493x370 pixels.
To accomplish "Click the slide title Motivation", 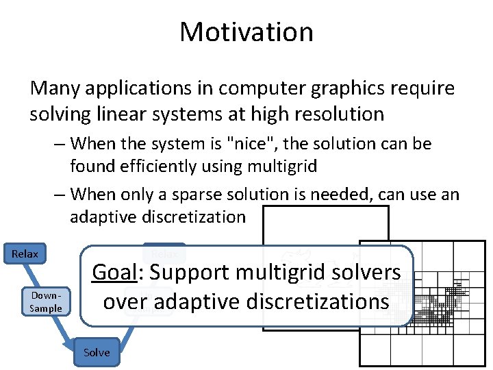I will tap(246, 32).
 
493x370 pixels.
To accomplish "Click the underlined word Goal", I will tap(114, 272).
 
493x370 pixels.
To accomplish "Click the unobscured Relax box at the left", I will tap(25, 254).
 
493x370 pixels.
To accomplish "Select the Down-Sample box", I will tap(46, 302).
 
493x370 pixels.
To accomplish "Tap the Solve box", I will tap(97, 352).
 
